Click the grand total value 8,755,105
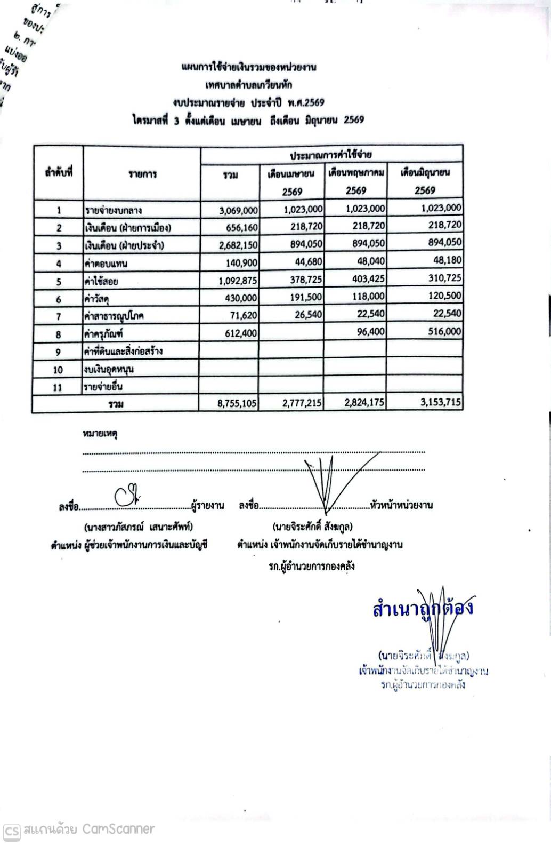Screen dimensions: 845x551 237,403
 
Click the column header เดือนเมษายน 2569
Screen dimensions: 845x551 291,181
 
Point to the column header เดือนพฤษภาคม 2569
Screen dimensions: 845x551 355,181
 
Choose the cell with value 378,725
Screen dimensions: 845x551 302,280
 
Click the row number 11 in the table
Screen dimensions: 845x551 58,388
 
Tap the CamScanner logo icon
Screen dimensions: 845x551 12,831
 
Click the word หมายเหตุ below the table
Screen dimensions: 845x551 100,434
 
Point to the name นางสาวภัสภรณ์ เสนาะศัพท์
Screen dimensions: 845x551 139,527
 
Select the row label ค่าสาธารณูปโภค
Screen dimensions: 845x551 115,316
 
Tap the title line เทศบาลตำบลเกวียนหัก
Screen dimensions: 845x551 248,85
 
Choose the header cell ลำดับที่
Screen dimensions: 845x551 59,173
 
